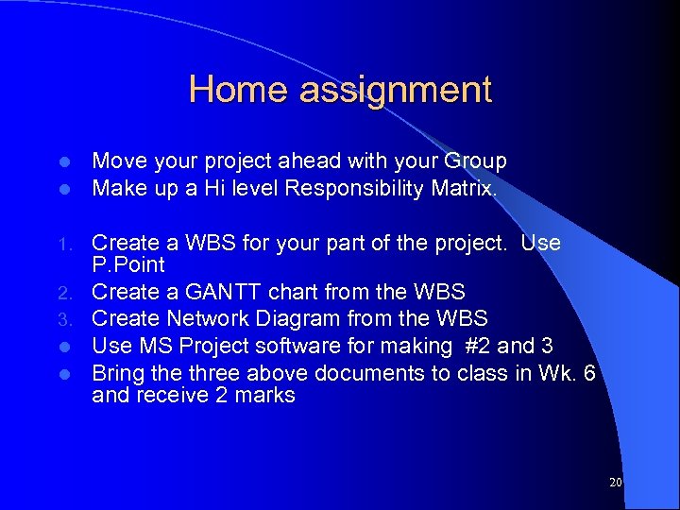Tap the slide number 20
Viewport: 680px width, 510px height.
pos(616,483)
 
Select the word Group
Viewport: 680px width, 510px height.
pos(474,161)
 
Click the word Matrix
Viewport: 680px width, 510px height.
pos(463,188)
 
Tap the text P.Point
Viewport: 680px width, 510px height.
pos(128,265)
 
